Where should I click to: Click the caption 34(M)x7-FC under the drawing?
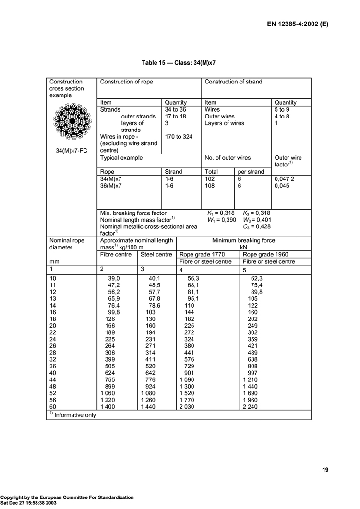tap(72, 151)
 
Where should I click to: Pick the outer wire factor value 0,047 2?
tap(285, 178)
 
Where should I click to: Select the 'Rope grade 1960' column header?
tap(267, 254)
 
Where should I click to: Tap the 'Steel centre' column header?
tap(156, 254)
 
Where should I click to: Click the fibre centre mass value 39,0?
tap(113, 278)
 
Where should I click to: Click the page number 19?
tap(325, 470)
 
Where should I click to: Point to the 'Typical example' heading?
tap(121, 158)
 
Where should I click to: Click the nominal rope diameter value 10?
tap(53, 278)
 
